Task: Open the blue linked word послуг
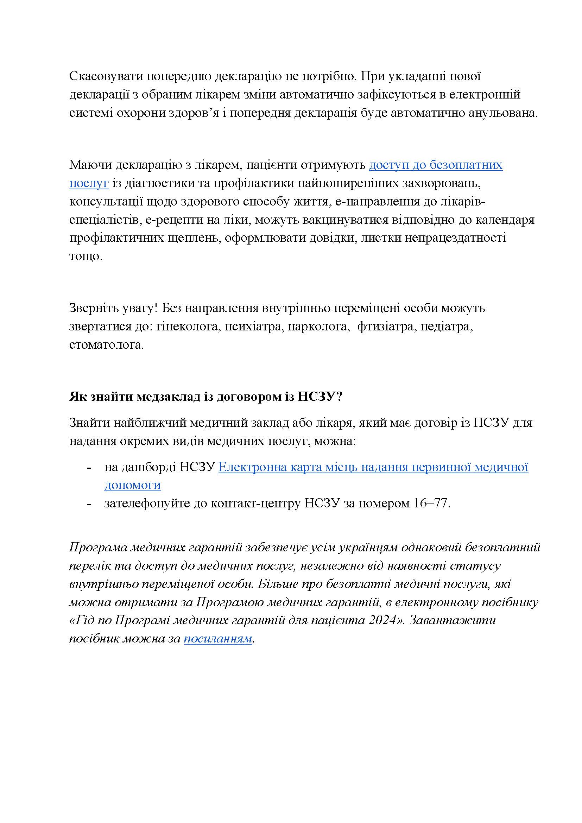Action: [89, 183]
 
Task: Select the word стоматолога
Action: [106, 345]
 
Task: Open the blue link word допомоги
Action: [133, 485]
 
